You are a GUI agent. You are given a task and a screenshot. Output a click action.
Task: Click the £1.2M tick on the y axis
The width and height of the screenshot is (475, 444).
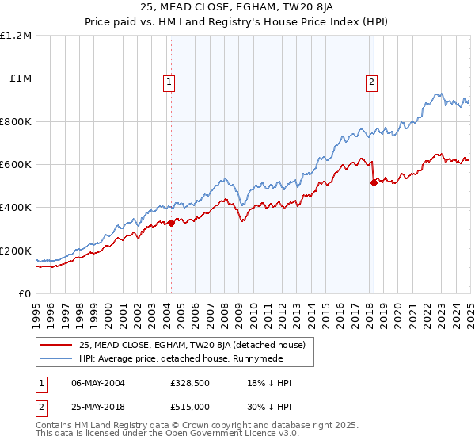pos(16,36)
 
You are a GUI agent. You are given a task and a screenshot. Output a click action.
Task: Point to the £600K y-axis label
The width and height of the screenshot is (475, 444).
pos(16,165)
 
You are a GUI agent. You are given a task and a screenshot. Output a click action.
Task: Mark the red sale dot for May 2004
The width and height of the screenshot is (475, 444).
pos(171,223)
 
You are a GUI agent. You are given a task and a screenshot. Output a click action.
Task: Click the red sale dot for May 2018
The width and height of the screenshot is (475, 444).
pos(374,182)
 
